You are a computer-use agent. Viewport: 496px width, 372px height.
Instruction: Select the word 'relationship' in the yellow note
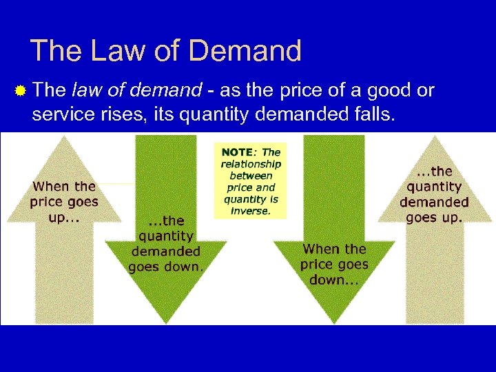251,164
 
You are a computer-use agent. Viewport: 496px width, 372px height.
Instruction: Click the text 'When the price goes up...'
64,202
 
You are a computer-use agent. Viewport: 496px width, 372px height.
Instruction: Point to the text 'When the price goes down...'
334,265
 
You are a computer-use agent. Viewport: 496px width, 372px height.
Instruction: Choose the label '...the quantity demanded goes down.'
165,244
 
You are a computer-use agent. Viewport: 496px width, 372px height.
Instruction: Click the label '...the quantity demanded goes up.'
434,194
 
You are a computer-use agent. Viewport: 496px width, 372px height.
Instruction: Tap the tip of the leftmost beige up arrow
64,137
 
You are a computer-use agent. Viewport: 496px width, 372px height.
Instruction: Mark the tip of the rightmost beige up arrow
435,137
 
